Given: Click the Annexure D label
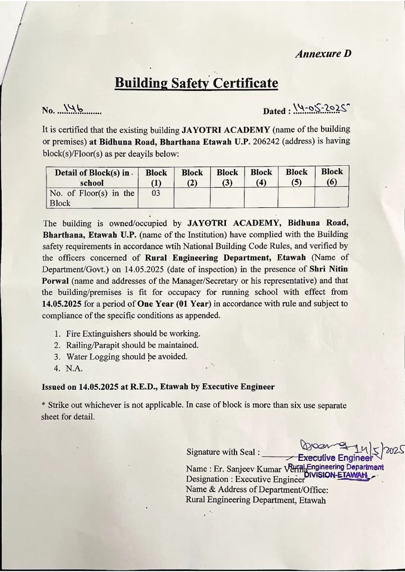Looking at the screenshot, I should tap(323, 54).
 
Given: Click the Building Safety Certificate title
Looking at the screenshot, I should tap(196, 83).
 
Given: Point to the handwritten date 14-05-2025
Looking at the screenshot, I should tap(326, 108).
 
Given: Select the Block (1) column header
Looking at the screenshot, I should tap(156, 178).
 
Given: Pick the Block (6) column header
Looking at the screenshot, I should tap(332, 177).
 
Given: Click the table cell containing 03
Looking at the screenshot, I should tap(156, 193).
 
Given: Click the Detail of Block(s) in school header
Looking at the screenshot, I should tap(91, 178).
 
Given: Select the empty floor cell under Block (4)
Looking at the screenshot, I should tap(261, 198).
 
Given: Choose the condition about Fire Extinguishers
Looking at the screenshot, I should tap(133, 333).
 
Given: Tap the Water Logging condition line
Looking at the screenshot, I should tap(126, 356).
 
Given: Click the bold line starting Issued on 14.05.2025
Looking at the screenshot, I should tap(158, 387).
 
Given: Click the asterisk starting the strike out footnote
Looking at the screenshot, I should tap(44, 406).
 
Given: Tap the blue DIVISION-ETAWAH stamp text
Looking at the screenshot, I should tap(336, 475).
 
